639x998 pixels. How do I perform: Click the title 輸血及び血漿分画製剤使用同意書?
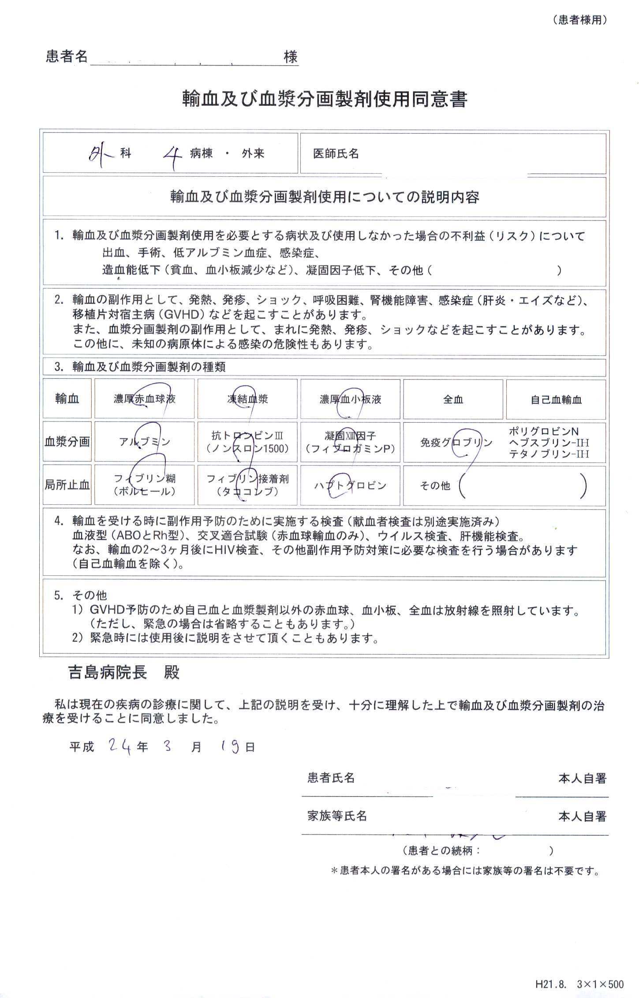click(325, 99)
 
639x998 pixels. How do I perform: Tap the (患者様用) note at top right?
click(579, 20)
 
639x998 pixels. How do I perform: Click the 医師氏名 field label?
click(336, 154)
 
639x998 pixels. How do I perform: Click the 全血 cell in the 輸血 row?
click(453, 399)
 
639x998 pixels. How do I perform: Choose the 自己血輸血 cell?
click(556, 399)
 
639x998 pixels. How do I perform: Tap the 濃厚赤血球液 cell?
click(144, 399)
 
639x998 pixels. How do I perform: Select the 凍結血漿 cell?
click(247, 399)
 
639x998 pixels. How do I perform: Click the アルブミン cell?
click(144, 442)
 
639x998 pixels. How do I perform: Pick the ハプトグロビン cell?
click(350, 485)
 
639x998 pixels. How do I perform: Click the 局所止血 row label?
click(67, 485)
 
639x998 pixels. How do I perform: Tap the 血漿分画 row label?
click(67, 442)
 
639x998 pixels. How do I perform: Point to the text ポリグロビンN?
click(543, 431)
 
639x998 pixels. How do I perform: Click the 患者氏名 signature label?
click(331, 778)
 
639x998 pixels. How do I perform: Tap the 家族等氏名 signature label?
click(337, 816)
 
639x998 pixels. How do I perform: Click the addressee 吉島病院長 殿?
click(123, 673)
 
